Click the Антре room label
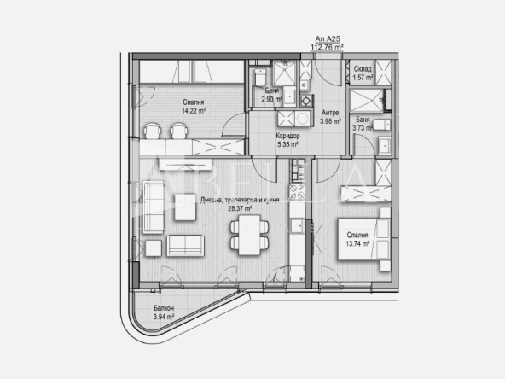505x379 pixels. pos(330,112)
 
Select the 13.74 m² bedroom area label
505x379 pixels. pos(357,243)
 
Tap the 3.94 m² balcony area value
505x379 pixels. pos(164,317)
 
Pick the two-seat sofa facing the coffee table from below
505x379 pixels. pos(187,244)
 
